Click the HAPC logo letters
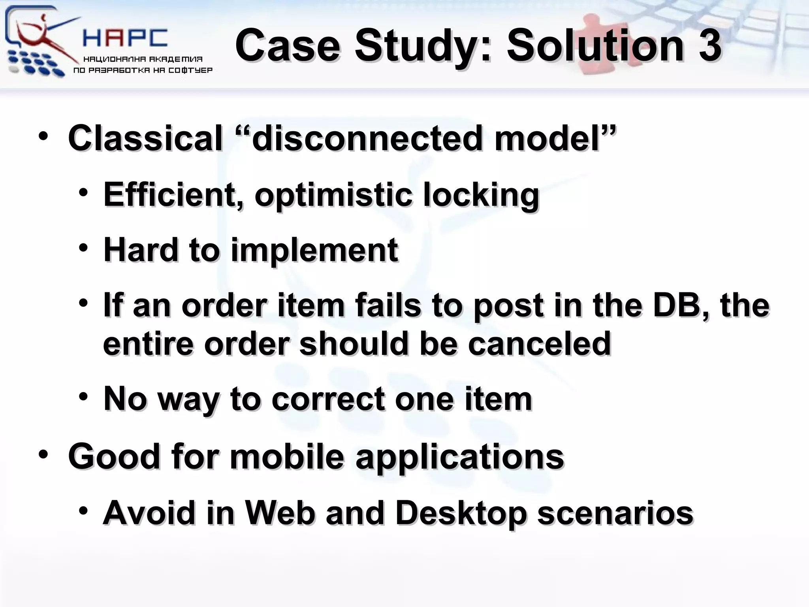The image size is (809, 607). [126, 38]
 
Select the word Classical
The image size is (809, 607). [145, 138]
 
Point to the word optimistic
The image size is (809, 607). [333, 195]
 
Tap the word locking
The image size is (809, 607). [481, 195]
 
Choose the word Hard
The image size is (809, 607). [141, 250]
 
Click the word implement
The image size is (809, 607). [314, 251]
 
